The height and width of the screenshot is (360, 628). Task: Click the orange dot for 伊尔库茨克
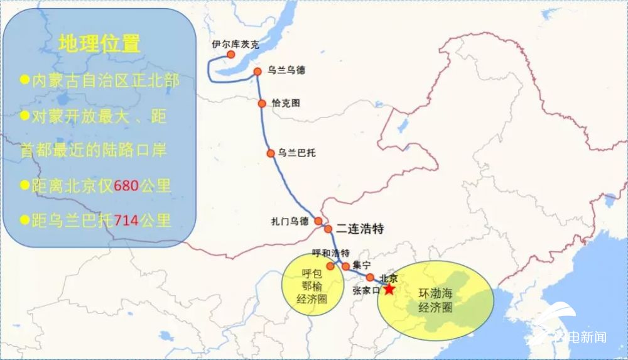tap(230, 54)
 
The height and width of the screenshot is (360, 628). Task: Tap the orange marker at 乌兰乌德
tap(257, 72)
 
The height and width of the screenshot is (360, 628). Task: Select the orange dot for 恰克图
tap(262, 103)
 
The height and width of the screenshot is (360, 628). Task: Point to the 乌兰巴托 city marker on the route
tap(271, 153)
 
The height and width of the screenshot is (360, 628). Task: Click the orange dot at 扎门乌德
tap(318, 221)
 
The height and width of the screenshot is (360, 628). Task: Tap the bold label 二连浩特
tap(360, 228)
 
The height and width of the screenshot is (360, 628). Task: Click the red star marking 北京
tap(389, 289)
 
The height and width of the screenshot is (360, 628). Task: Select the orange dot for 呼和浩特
tap(331, 266)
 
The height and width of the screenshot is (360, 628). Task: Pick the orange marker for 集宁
tap(346, 266)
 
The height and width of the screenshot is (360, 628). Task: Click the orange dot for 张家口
tap(370, 278)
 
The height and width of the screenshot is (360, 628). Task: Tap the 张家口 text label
tap(367, 290)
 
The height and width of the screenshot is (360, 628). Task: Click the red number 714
tap(126, 220)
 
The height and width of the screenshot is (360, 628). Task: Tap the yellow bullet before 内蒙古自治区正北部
tap(25, 80)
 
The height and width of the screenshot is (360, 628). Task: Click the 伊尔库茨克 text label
tap(235, 44)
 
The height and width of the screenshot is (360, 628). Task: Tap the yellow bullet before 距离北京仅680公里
tap(25, 185)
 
